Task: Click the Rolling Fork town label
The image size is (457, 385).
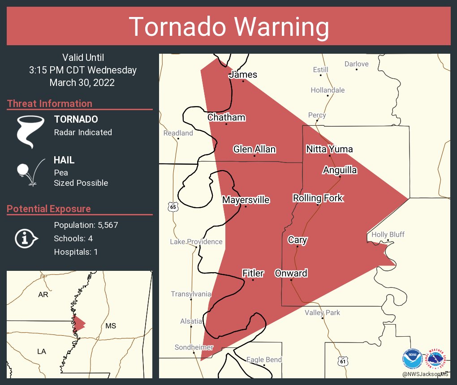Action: (318, 198)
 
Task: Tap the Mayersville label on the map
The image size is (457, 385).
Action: (246, 200)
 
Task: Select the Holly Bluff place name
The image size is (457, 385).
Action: (388, 235)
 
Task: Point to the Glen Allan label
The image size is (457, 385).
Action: (254, 149)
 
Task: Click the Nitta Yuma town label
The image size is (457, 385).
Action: (329, 149)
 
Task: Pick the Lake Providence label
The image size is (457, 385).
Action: (196, 242)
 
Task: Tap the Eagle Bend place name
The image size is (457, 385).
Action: (264, 359)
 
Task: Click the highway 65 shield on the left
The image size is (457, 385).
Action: (173, 207)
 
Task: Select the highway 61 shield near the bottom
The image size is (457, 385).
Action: (342, 360)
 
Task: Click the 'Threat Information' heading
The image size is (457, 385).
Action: (50, 103)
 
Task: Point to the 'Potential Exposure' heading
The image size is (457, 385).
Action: (49, 209)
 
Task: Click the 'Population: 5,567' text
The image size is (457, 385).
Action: (86, 225)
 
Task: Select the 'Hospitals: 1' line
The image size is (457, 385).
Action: (76, 252)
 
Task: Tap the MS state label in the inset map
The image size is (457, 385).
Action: (111, 325)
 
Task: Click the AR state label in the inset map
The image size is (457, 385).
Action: (43, 295)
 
